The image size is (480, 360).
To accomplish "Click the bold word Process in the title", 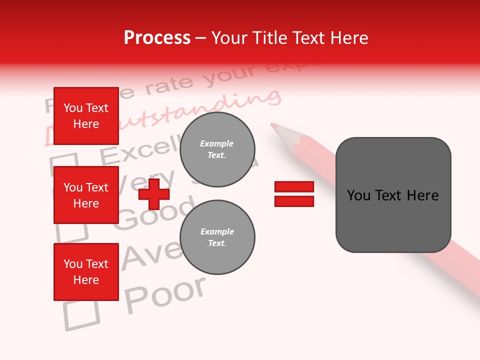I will coord(157,38).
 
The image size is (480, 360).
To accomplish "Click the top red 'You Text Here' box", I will coord(86,116).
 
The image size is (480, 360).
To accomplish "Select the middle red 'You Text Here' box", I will coord(86,195).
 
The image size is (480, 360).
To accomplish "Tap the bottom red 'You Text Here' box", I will coord(86,272).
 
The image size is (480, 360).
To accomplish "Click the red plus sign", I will coord(153,194).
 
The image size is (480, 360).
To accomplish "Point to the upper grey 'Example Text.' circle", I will coord(217,149).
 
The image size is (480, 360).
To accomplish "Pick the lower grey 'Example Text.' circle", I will coord(217,237).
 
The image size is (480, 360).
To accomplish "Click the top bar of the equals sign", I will coord(294,186).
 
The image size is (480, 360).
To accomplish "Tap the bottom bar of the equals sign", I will coord(294,201).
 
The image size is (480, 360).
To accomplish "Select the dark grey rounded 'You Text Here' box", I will coord(393,195).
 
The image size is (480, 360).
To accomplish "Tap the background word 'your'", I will coord(227,73).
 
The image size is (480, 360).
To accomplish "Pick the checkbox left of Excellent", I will coord(64,164).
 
